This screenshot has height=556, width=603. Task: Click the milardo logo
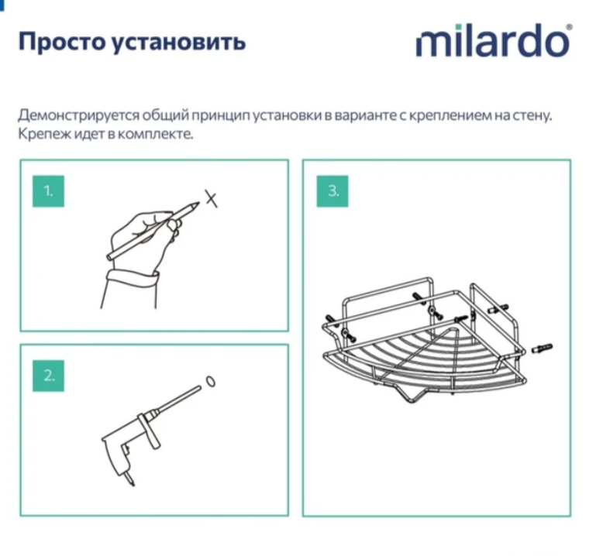click(492, 42)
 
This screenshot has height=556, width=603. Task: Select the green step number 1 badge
click(48, 191)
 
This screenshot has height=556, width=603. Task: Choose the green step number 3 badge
click(333, 191)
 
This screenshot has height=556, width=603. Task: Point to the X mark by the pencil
click(211, 200)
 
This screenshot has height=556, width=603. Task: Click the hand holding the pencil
click(143, 232)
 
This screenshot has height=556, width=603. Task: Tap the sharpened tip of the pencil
click(195, 205)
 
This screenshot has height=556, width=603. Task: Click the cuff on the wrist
click(134, 277)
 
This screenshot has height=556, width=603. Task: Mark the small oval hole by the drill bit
click(209, 382)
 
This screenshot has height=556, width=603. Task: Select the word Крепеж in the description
click(40, 134)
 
